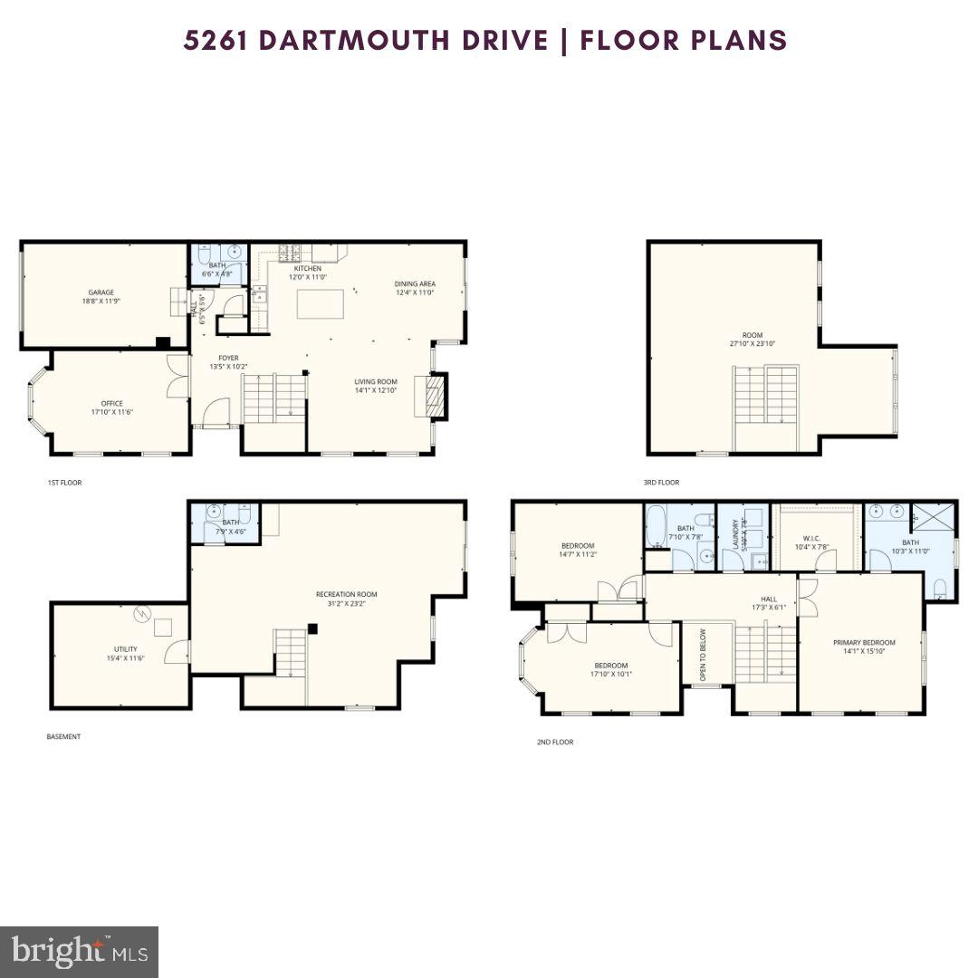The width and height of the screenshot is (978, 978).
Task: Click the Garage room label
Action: [101, 292]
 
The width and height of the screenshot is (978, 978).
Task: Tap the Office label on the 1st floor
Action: [112, 404]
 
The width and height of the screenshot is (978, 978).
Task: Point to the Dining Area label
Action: [415, 283]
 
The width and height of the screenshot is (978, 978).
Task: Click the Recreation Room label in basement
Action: [346, 594]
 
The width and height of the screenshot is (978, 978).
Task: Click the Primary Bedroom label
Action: [864, 642]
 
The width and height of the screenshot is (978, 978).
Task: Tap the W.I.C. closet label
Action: [810, 537]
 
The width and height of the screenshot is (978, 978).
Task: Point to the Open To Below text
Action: [703, 654]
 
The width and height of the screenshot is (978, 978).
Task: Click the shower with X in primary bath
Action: [934, 524]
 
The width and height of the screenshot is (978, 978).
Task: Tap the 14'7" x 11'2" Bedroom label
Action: [578, 546]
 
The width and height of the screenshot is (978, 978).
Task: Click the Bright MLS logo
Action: [79, 951]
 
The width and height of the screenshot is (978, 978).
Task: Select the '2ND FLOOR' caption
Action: [554, 742]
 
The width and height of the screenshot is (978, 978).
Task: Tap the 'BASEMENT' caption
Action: [63, 736]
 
